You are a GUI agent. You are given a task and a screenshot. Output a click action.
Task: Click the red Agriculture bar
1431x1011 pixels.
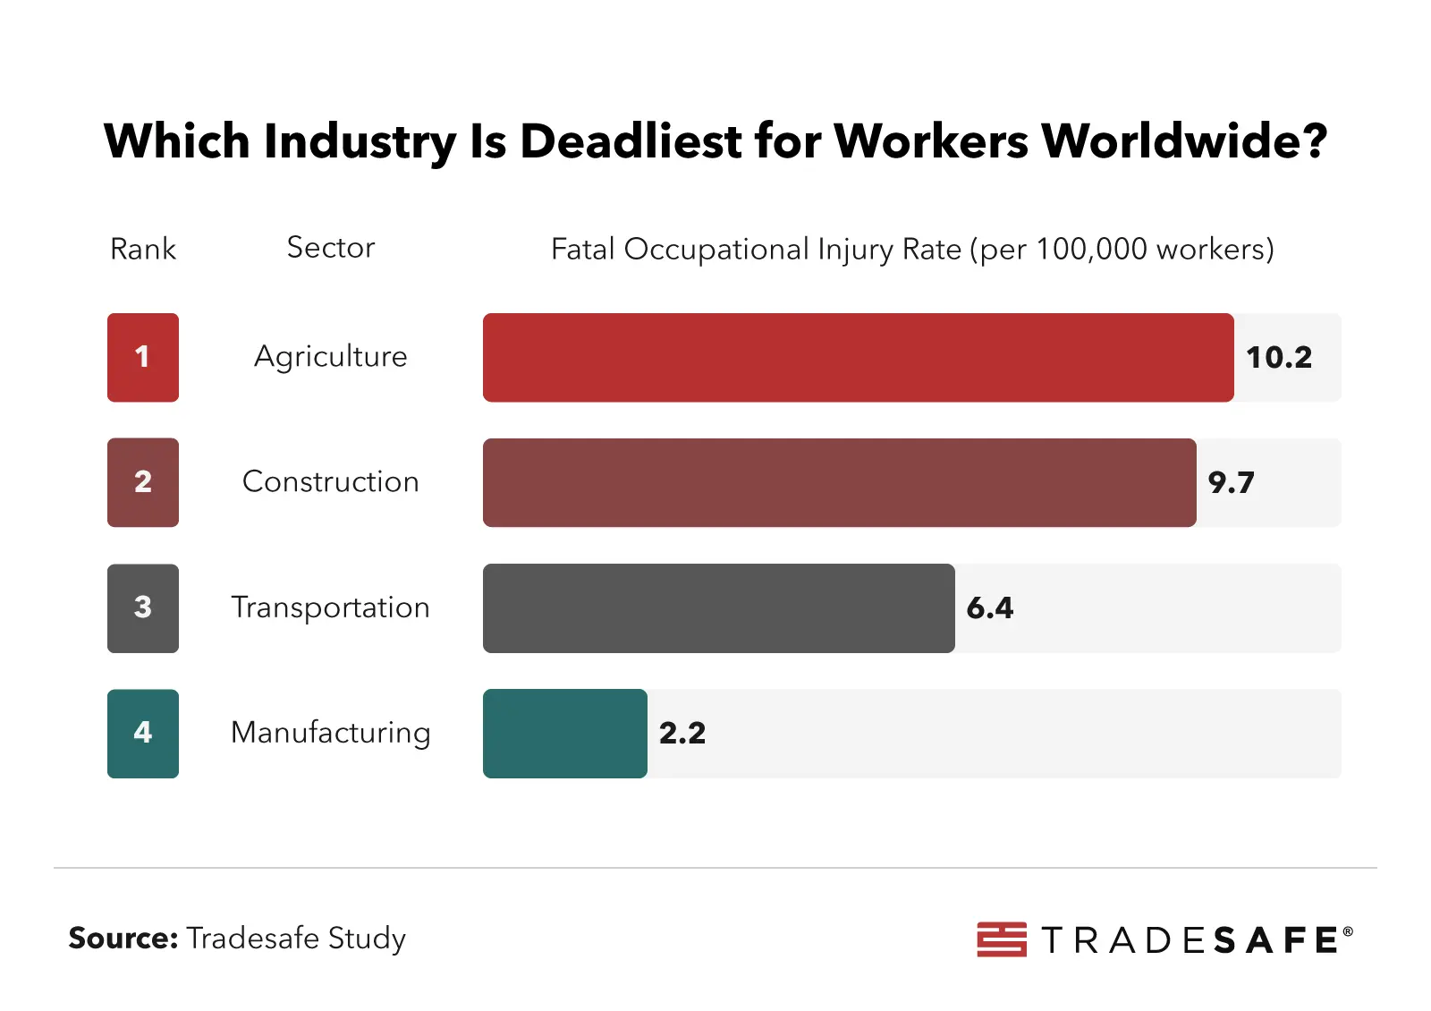click(x=859, y=357)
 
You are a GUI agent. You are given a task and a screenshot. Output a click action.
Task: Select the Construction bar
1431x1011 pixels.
click(x=839, y=482)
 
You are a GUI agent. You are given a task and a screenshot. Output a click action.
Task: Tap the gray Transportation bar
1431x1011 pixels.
click(x=719, y=607)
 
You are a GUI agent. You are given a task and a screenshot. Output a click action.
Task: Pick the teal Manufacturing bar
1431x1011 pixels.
click(x=565, y=733)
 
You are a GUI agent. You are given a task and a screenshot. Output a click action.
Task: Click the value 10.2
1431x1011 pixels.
click(x=1278, y=358)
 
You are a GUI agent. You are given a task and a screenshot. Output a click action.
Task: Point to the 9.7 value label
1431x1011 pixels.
click(x=1231, y=483)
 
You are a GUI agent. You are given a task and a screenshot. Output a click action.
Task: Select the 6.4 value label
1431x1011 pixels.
click(x=989, y=608)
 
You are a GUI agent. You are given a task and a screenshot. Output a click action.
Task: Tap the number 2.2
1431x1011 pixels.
click(x=682, y=734)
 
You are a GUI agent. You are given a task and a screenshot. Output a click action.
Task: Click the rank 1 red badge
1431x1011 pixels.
click(x=143, y=357)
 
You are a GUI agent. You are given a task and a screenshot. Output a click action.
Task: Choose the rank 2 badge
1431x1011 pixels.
click(x=143, y=482)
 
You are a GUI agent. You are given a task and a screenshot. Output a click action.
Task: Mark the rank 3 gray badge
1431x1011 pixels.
click(x=143, y=607)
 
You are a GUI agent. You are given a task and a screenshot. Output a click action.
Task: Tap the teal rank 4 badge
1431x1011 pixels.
click(x=143, y=733)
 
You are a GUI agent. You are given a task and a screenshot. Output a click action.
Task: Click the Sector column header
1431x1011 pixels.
click(x=330, y=248)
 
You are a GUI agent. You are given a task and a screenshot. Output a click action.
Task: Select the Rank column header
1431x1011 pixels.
click(x=143, y=249)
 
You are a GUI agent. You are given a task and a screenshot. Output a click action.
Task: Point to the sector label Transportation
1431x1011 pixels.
click(x=330, y=607)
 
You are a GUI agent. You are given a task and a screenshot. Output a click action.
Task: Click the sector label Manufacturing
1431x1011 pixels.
click(x=330, y=733)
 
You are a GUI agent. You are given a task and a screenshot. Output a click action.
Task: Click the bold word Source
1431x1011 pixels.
click(x=123, y=938)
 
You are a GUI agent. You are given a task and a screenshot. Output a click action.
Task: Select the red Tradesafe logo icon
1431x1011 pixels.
click(x=1002, y=939)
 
